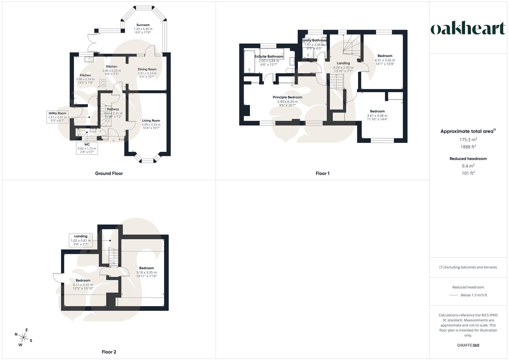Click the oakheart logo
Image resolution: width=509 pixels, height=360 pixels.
[468, 29]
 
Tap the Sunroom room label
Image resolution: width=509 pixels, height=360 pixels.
[143, 25]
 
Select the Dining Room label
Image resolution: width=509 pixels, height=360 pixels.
[147, 69]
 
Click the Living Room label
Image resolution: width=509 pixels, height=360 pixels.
[151, 121]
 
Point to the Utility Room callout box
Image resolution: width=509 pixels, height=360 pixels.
[57, 117]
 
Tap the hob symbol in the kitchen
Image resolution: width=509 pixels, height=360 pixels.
[103, 83]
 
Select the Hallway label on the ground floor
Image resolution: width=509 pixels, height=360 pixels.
[113, 109]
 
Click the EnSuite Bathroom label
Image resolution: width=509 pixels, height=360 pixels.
[269, 57]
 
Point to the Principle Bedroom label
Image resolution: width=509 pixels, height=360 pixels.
[287, 97]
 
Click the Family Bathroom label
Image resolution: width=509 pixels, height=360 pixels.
[314, 40]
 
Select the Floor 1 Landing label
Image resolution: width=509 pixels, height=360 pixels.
[343, 63]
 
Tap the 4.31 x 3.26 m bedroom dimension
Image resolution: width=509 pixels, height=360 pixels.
[385, 60]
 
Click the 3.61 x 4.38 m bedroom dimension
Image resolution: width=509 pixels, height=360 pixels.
[377, 115]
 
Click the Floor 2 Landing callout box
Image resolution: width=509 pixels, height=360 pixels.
[81, 240]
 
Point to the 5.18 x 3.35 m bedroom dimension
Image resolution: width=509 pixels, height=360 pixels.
[146, 272]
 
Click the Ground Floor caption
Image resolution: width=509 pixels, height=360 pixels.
[109, 173]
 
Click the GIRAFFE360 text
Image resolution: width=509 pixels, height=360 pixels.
[468, 345]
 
